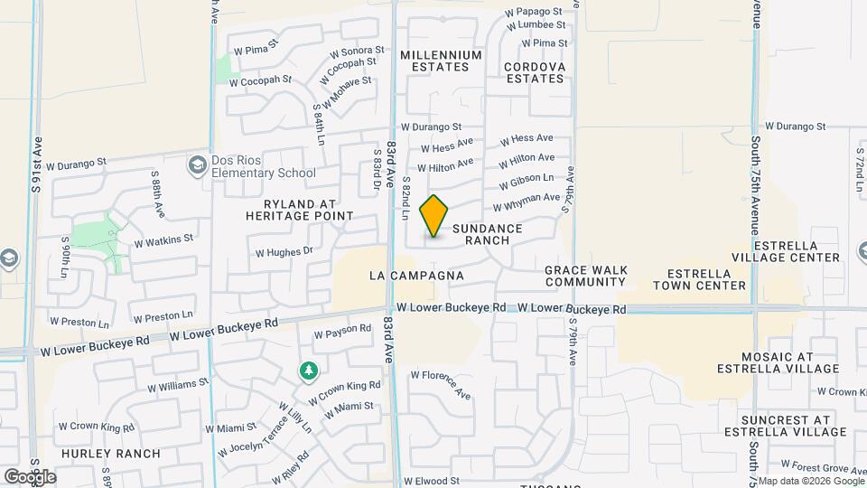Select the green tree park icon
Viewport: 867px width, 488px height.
pyautogui.click(x=309, y=371)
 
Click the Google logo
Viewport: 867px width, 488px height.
pyautogui.click(x=30, y=476)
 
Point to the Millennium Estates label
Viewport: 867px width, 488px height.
pyautogui.click(x=441, y=61)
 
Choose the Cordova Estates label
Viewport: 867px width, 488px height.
pyautogui.click(x=535, y=72)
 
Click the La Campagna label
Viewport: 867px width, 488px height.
pyautogui.click(x=416, y=275)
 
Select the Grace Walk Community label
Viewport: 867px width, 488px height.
pyautogui.click(x=585, y=276)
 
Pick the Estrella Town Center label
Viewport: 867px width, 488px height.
pyautogui.click(x=705, y=279)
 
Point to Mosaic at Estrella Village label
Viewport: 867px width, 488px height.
pyautogui.click(x=778, y=362)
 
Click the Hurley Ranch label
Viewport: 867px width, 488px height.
pyautogui.click(x=111, y=454)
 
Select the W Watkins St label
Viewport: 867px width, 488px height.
pyautogui.click(x=163, y=240)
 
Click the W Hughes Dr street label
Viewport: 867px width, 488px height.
pyautogui.click(x=284, y=252)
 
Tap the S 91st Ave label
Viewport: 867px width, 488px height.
pyautogui.click(x=37, y=165)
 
